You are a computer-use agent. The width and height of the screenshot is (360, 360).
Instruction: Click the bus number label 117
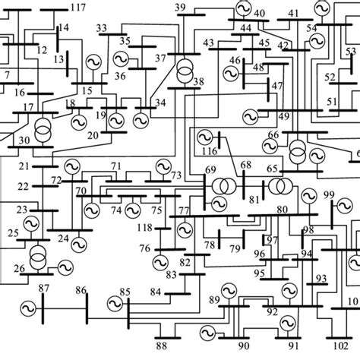coord(77,8)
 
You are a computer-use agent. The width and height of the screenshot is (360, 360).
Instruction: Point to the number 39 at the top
coord(180,8)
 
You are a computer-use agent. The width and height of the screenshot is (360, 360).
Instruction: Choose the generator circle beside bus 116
coord(204,138)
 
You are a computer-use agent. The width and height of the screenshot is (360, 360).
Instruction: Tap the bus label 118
coord(143,228)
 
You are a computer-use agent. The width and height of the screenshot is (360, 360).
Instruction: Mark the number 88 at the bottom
coord(161,346)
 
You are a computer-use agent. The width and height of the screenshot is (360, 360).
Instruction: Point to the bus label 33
coord(102,28)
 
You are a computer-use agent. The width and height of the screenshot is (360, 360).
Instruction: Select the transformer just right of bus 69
coord(223,186)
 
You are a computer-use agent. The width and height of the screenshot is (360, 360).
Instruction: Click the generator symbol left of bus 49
coord(250,116)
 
